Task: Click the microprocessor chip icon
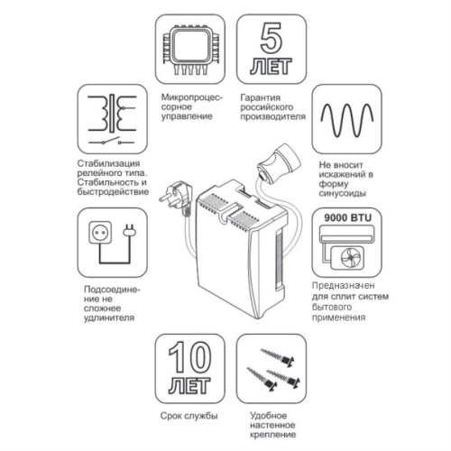tap(190, 49)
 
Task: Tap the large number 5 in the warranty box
tap(272, 38)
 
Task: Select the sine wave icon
tap(347, 120)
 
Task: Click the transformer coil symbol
tap(112, 114)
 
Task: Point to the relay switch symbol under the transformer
tap(111, 142)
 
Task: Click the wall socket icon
tap(100, 233)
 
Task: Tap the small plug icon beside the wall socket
tap(130, 231)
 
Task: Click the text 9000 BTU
tap(347, 217)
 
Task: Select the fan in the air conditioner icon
tap(351, 258)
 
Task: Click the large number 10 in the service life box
tap(189, 357)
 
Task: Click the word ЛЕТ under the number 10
tap(189, 385)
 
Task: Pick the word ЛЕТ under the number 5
tap(272, 66)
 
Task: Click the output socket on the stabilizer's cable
tap(279, 163)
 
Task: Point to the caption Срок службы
tap(189, 416)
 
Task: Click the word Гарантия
tap(261, 97)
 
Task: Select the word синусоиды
tap(343, 193)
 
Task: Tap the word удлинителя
tap(109, 318)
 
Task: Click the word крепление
tap(272, 435)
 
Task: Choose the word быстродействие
tap(113, 191)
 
